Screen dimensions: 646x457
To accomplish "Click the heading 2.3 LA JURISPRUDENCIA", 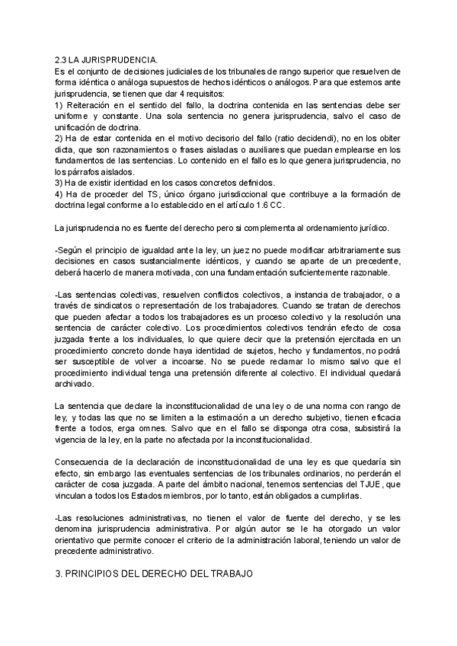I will coord(107,59).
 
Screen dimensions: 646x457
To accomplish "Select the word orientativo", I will coord(81,540).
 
